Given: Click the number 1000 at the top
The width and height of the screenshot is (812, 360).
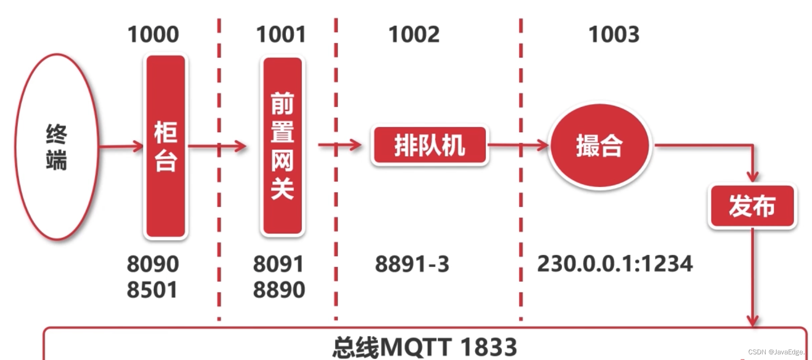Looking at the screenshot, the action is [153, 34].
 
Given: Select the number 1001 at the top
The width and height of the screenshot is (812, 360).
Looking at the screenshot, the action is [281, 34].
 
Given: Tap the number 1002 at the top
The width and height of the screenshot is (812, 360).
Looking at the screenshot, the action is [413, 34].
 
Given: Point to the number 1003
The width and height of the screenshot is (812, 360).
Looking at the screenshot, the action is [613, 34].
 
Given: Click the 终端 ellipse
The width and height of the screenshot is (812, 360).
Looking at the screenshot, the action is [57, 147].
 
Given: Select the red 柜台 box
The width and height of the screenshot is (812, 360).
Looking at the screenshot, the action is [166, 146].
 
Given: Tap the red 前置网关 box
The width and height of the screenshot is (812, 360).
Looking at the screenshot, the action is [282, 146].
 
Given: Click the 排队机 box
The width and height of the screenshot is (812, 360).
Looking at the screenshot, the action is [429, 145].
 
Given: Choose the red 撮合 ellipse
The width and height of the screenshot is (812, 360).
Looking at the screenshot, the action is [599, 146].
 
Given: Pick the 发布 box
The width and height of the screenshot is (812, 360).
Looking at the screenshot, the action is [752, 206].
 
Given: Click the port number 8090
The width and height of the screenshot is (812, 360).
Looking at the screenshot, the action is [152, 264].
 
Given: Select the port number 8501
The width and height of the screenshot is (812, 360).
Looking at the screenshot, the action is [152, 290].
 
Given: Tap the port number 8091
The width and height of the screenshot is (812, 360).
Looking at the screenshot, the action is [278, 264].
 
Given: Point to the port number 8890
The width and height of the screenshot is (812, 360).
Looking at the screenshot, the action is [279, 290].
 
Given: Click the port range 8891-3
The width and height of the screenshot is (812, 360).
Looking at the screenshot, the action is [412, 264].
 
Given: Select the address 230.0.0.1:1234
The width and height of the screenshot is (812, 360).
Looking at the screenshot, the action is [615, 264].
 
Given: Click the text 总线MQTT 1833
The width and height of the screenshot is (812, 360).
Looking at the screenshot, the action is [425, 347].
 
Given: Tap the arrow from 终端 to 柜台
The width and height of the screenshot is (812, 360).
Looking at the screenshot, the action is [121, 146].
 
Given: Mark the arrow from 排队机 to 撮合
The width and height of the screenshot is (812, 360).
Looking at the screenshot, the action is [518, 145].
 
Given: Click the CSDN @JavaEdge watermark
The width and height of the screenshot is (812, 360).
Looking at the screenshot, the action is [776, 352].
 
